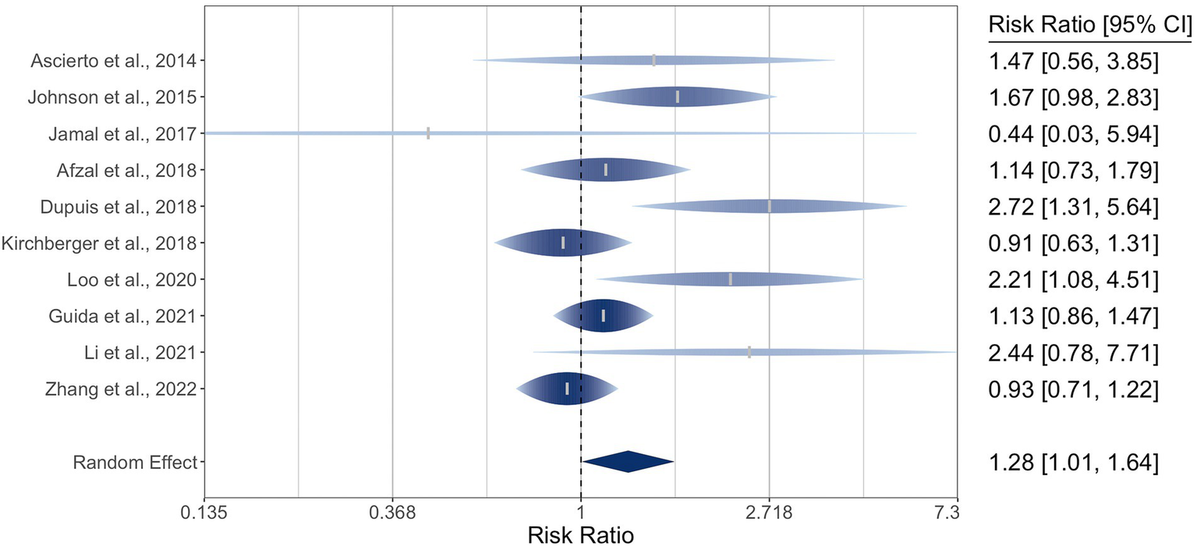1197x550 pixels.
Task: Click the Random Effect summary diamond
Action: (628, 462)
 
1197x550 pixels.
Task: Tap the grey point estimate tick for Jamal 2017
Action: (428, 133)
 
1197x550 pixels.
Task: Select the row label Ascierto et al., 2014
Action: (113, 61)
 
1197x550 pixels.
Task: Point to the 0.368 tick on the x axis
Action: (392, 513)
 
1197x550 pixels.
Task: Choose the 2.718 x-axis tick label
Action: (770, 513)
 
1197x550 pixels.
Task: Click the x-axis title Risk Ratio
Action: (580, 536)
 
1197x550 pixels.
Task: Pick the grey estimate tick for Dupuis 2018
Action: (770, 207)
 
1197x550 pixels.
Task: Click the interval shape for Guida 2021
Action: (603, 316)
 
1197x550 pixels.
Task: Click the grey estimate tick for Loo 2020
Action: (730, 279)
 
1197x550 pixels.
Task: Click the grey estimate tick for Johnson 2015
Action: (678, 97)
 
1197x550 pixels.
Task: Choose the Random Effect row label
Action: (134, 462)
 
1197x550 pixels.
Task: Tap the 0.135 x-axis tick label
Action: (204, 513)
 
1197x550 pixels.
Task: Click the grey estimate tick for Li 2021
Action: (749, 352)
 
